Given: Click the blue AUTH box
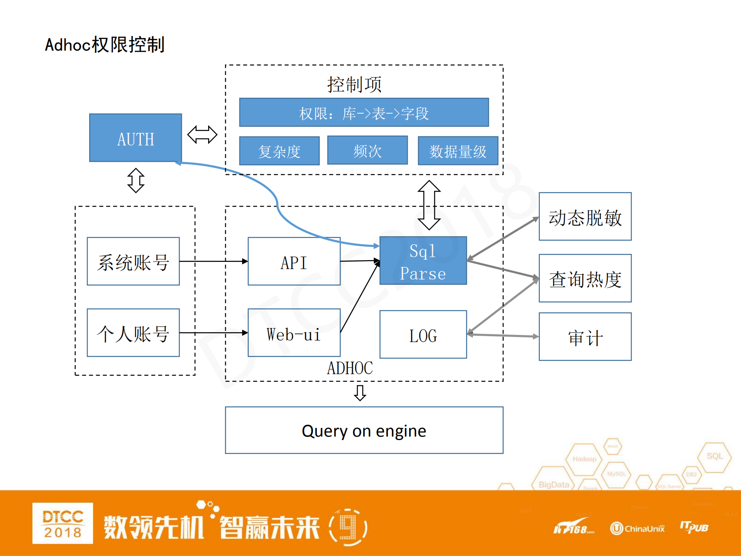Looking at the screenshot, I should click(x=135, y=138).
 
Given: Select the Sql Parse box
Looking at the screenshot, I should click(x=423, y=261).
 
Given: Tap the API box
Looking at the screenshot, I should click(x=294, y=262).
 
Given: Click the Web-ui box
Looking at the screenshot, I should click(x=294, y=333).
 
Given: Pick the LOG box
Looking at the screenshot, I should click(x=423, y=335).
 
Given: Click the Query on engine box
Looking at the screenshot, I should click(x=364, y=430).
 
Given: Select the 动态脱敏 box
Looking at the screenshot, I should click(x=585, y=217).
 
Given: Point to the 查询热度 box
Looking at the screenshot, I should click(x=585, y=278).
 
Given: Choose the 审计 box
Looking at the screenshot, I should click(x=585, y=337).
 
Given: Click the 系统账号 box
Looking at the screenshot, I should click(x=133, y=262).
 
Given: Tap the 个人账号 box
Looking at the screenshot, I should click(x=133, y=333).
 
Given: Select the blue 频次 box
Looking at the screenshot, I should click(x=367, y=150).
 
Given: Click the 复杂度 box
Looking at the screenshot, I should click(x=279, y=151).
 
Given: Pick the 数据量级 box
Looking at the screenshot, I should click(x=458, y=151).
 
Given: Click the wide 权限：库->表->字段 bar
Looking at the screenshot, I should click(x=364, y=112).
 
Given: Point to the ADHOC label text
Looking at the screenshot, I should click(x=350, y=368).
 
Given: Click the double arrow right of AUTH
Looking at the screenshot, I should click(x=202, y=134).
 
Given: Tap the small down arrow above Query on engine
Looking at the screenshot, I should click(x=360, y=393).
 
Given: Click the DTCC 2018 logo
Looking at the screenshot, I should click(x=63, y=523).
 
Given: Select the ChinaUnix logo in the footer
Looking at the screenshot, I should click(x=637, y=528).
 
